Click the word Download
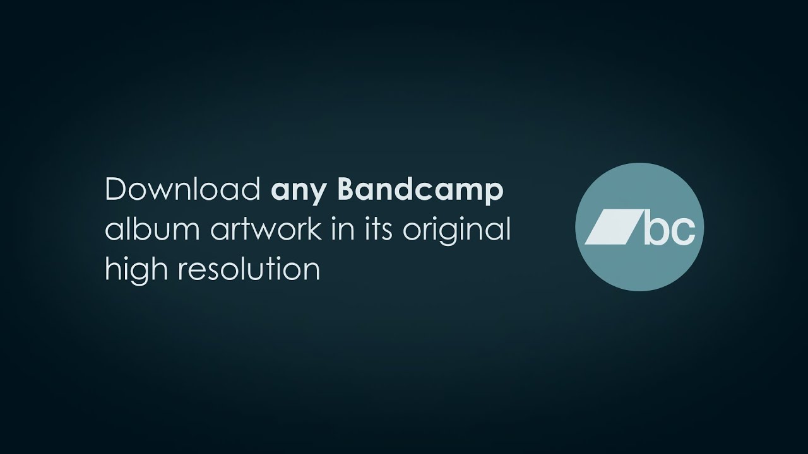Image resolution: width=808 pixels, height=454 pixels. tap(182, 190)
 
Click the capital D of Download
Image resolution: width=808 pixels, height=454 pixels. tap(116, 190)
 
